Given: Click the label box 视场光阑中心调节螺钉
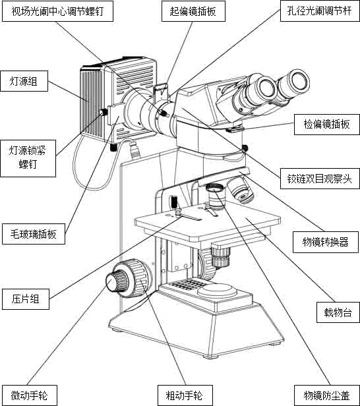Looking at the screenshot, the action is pos(57,11).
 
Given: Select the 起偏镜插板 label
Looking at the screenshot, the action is pos(193,11).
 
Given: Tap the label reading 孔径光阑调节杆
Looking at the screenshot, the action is pos(320,11).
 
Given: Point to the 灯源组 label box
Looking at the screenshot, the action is pos(24,81).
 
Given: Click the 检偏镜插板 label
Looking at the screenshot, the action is pos(327,125).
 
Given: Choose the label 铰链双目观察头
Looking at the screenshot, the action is pos(320,179).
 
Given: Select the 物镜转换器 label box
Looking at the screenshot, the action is pos(326,242).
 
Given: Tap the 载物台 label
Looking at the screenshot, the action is pos(338,312).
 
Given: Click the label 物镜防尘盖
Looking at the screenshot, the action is pos(327,395).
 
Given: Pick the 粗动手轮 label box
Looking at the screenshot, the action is pos(185,395).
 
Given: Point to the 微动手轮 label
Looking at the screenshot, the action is pos(29,395).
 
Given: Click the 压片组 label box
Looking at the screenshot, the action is pos(26,299).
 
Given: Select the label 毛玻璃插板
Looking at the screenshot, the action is pos(34,234).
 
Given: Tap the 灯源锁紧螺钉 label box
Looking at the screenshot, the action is pos(28,158).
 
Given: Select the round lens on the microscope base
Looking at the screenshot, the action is pos(217,290).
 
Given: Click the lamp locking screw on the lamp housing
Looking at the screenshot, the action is pos(104,112).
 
